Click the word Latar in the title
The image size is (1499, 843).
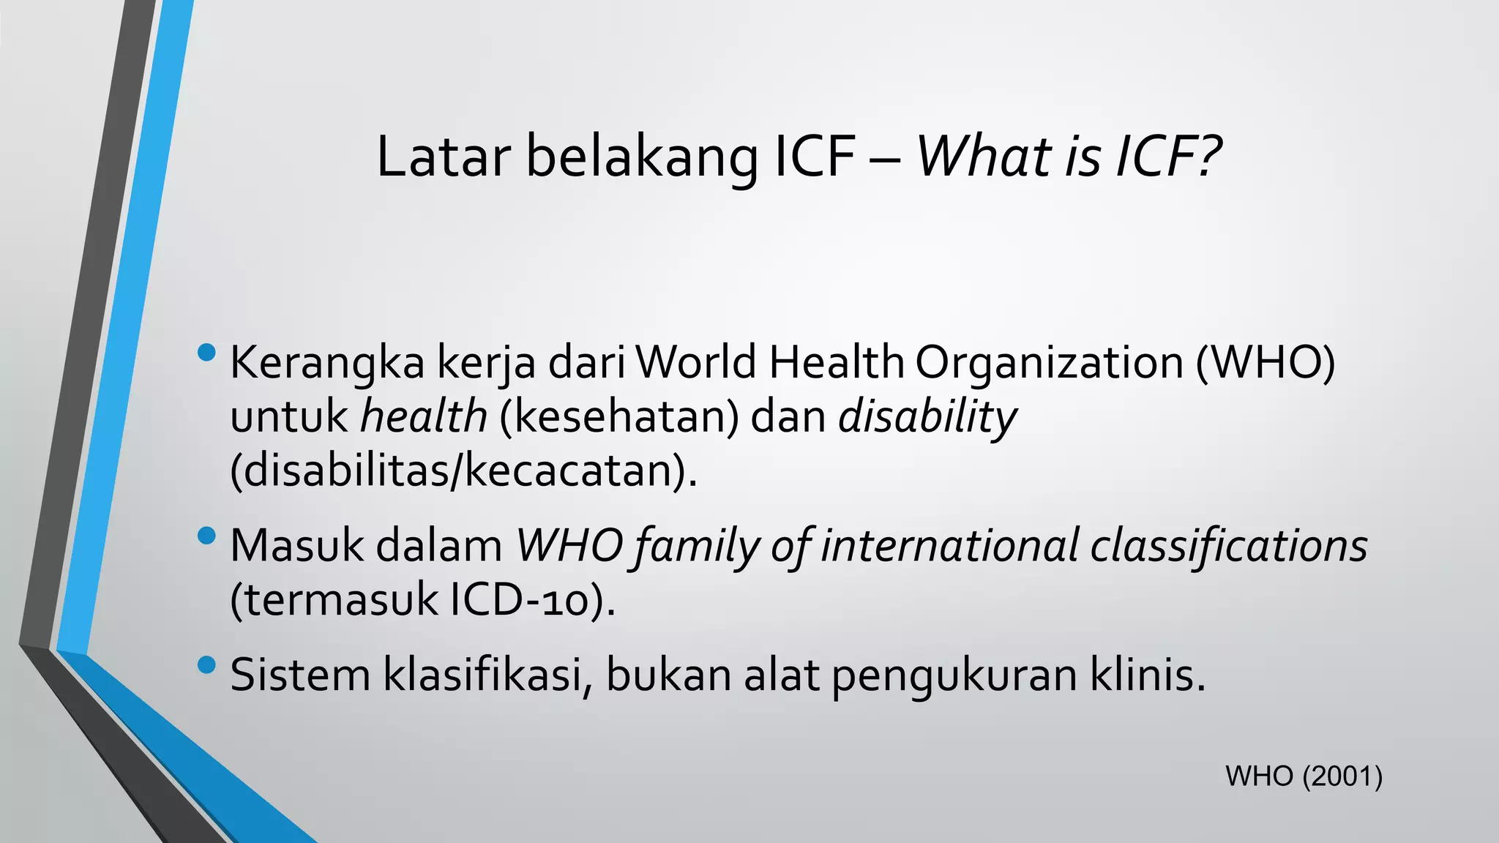point(443,157)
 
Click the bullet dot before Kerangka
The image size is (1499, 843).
point(207,353)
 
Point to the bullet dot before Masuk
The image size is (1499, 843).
point(207,536)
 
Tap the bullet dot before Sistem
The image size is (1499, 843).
point(207,665)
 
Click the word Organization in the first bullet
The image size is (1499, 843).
point(1049,363)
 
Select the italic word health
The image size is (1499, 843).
point(424,416)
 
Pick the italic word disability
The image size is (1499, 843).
point(927,418)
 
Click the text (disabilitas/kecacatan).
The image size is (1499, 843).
point(463,471)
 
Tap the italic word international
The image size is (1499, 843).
point(949,546)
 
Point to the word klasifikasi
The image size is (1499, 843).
point(487,675)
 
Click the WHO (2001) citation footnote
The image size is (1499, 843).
point(1304,776)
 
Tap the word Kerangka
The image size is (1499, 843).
point(327,363)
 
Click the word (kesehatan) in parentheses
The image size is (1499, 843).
point(619,416)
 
